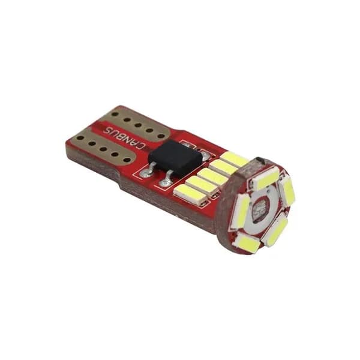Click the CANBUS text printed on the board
point(124,137)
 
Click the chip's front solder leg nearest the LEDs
point(166,179)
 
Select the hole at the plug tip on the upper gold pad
point(115,114)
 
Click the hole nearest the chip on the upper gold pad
point(161,136)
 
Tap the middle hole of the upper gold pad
point(138,125)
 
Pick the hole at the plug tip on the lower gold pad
point(80,138)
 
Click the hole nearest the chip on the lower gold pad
point(126,160)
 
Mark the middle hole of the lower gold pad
point(103,149)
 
